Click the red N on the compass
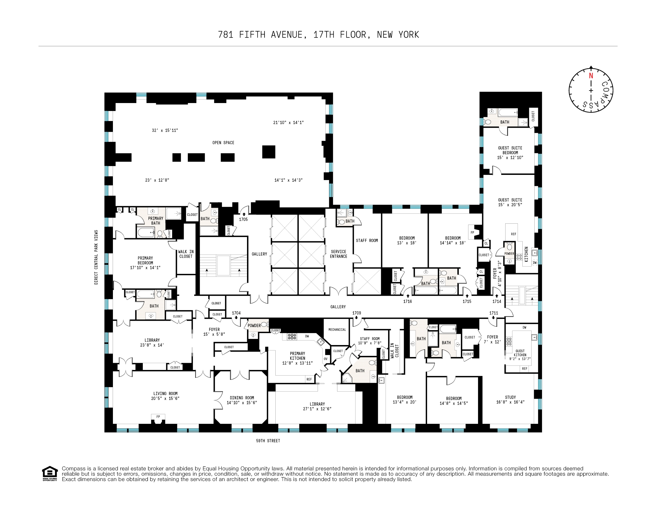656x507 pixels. pyautogui.click(x=591, y=76)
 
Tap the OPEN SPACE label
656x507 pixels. pyautogui.click(x=223, y=143)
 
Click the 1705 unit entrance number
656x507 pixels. pyautogui.click(x=243, y=219)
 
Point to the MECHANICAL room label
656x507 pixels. pyautogui.click(x=337, y=330)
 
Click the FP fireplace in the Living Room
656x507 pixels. pyautogui.click(x=158, y=417)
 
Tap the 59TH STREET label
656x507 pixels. pyautogui.click(x=268, y=441)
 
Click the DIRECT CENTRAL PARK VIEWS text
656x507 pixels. pyautogui.click(x=96, y=257)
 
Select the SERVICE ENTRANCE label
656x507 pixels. pyautogui.click(x=339, y=254)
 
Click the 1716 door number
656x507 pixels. pyautogui.click(x=408, y=301)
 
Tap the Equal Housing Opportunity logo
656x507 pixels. pyautogui.click(x=50, y=474)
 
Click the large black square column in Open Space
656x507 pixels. pyautogui.click(x=269, y=152)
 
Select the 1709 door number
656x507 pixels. pyautogui.click(x=357, y=313)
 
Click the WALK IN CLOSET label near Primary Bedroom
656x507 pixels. pyautogui.click(x=186, y=254)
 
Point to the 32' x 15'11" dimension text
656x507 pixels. pyautogui.click(x=165, y=130)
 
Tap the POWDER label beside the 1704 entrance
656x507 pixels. pyautogui.click(x=254, y=326)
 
